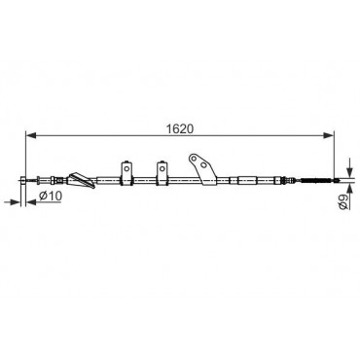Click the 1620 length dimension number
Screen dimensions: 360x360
180,128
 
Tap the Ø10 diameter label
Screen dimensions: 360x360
51,196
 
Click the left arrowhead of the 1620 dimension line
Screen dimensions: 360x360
30,136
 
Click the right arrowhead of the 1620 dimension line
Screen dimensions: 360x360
328,136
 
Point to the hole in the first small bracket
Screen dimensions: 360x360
126,168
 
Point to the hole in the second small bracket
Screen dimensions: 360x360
162,168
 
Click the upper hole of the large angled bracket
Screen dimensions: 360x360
194,159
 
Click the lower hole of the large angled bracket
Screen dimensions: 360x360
203,165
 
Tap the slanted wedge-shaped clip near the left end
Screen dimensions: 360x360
82,180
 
